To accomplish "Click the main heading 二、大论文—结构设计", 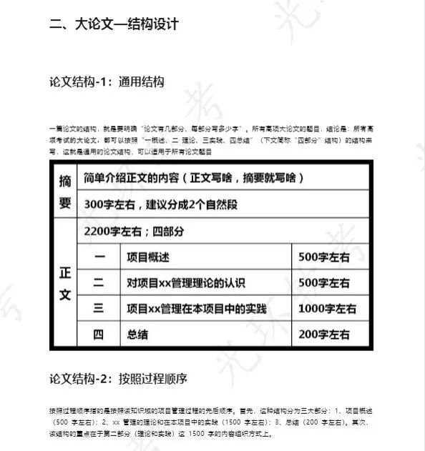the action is (114, 24).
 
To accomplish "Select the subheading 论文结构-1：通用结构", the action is (107, 81).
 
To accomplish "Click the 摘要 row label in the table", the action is (64, 192).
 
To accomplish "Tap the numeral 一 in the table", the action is (99, 257).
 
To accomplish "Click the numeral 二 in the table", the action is (99, 282).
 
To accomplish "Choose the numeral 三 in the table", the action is (99, 308).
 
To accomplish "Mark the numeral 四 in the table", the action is (99, 334).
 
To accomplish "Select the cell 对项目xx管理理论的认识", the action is (185, 282).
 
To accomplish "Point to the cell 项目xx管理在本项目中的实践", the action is (196, 309).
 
